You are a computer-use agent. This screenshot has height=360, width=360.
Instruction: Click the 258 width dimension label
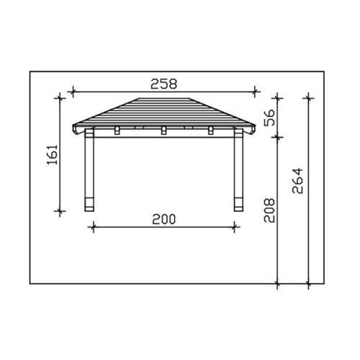tap(163, 84)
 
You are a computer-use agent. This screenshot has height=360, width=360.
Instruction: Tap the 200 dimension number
tap(164, 220)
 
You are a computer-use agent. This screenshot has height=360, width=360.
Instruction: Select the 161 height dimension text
tap(53, 154)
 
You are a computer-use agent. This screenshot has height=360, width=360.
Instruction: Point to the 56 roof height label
tap(269, 117)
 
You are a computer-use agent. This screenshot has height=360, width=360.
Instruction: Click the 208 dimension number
tap(269, 210)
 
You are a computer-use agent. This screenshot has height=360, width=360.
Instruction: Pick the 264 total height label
tap(297, 181)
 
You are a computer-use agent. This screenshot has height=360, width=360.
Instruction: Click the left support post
tap(89, 170)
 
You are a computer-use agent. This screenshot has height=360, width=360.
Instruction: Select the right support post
tap(238, 170)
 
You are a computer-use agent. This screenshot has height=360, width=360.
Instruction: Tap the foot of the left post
tap(89, 204)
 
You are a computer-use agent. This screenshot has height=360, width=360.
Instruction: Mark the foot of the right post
tap(238, 204)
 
